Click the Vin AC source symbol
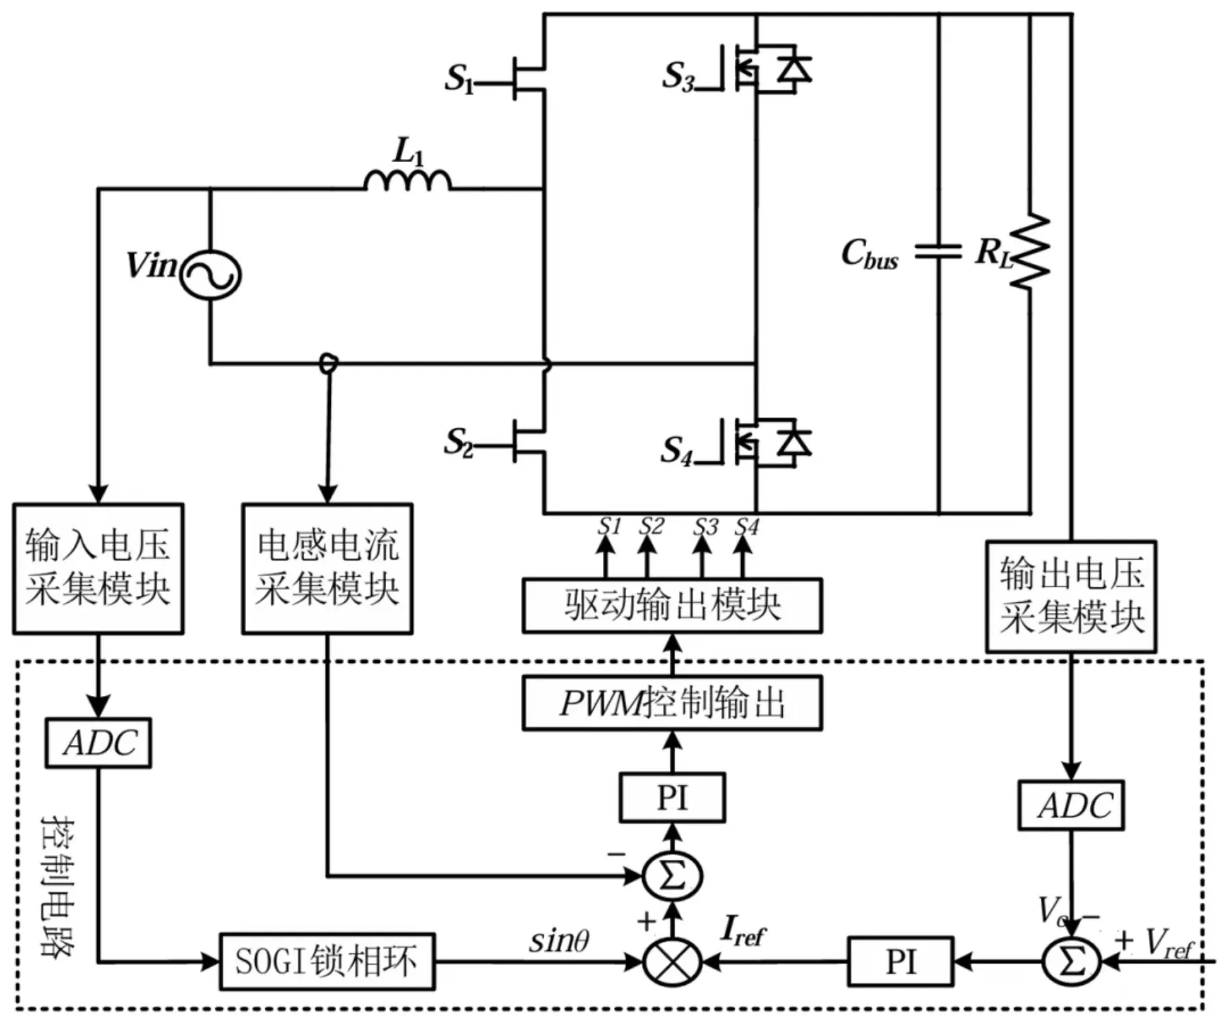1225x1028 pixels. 210,275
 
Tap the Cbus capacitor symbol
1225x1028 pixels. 939,252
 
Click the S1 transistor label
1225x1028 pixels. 459,79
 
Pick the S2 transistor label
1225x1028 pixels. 458,442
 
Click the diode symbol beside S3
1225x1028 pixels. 794,69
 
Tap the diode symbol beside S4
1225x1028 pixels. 794,443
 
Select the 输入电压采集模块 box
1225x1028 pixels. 98,569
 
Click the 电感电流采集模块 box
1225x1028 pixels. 327,569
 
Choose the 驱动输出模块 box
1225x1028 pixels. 673,606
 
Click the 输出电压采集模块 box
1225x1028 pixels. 1071,596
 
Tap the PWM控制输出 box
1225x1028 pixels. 673,703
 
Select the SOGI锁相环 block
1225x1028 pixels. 327,961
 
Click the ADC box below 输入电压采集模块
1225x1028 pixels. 98,742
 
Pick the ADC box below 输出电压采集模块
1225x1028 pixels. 1071,805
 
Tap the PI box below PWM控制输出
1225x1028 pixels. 673,797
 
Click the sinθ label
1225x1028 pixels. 559,941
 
